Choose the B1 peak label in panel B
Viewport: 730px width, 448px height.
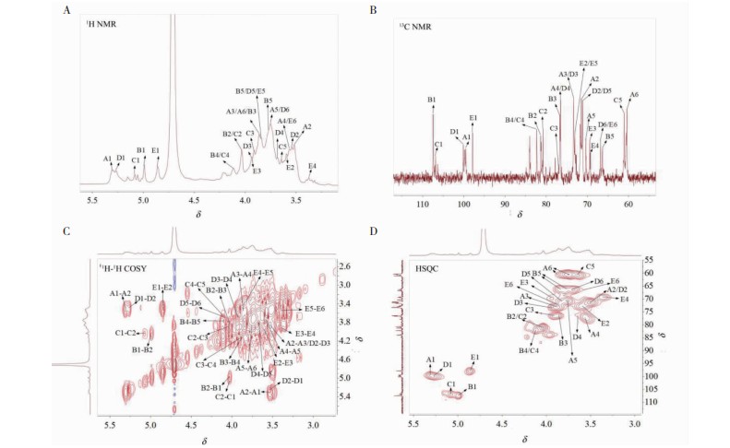[431, 99]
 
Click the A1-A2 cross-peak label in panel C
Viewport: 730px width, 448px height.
[121, 293]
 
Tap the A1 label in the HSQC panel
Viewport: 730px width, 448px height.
[431, 360]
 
